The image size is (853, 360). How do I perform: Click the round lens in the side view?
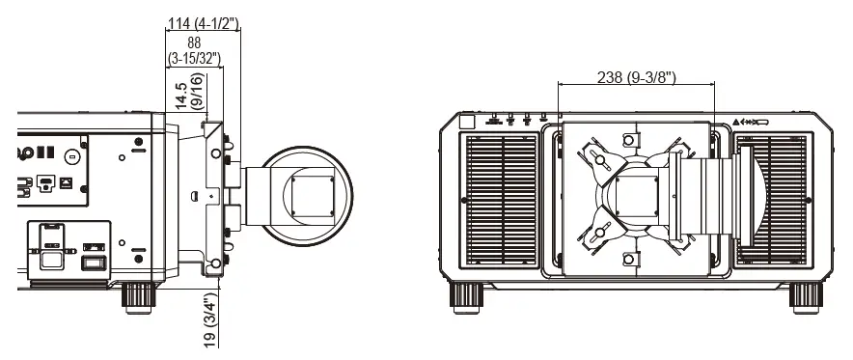[306, 188]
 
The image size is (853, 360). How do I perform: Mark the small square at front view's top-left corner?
[467, 122]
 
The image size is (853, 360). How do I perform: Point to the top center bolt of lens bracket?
[630, 137]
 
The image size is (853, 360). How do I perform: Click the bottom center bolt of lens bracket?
[630, 258]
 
